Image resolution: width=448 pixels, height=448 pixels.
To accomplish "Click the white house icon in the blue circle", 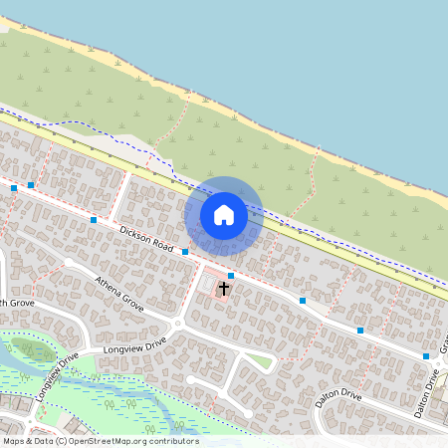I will [224, 215].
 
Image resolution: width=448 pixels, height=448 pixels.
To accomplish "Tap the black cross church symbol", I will [224, 289].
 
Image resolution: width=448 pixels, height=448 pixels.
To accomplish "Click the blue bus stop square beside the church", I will [231, 275].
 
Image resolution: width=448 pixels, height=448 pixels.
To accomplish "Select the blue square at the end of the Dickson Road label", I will [185, 253].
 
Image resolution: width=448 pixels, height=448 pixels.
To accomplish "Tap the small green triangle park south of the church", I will [260, 360].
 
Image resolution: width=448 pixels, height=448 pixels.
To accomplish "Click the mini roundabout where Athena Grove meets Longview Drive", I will [177, 325].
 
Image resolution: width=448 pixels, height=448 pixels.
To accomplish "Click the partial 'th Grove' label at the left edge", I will [18, 303].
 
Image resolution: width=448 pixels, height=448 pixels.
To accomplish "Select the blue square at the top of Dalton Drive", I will [426, 356].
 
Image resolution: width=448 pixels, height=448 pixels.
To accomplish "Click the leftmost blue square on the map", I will [14, 187].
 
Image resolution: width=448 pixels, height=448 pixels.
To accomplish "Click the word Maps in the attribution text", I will [14, 440].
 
